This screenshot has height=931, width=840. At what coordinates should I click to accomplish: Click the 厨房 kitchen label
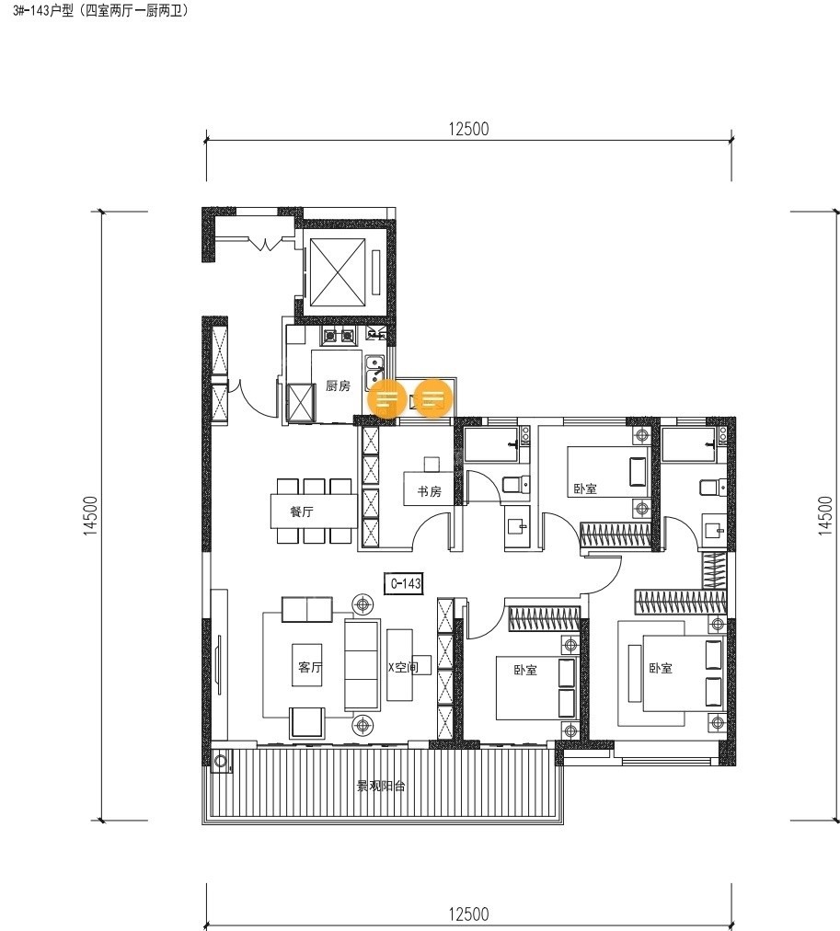point(338,386)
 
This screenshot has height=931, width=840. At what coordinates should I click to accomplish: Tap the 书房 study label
point(430,491)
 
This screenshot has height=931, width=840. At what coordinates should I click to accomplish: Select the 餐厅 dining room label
point(302,511)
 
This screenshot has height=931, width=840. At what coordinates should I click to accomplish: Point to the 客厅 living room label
point(310,667)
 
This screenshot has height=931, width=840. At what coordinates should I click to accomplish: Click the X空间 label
point(403,667)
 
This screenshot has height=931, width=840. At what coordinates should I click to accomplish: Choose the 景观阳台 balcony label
point(381,787)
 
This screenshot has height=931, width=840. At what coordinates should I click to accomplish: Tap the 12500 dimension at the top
point(468,129)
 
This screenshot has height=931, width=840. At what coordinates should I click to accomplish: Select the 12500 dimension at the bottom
point(468,914)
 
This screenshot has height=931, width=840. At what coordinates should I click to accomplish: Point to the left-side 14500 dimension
point(91,516)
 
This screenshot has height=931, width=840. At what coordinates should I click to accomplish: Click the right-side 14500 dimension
point(826,516)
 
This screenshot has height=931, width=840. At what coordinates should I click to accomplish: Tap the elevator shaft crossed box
point(338,272)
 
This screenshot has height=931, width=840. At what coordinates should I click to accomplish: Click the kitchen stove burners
point(338,337)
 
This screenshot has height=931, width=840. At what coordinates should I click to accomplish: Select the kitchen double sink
point(374,372)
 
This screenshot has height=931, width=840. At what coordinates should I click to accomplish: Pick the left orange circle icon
point(387,397)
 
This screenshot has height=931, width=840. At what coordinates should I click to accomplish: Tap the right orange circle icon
point(433,397)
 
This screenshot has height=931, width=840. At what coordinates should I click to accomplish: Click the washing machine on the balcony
point(221,761)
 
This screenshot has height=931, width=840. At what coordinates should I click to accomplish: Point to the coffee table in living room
point(307,665)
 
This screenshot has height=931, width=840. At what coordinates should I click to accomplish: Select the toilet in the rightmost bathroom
point(712,488)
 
